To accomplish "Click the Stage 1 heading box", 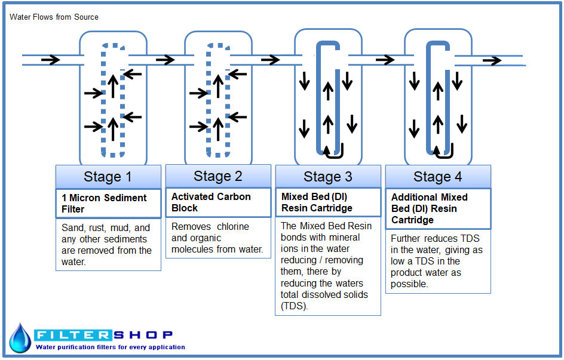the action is coord(108,177).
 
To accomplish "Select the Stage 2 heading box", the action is coord(218,176).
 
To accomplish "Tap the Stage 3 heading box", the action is coord(328,176).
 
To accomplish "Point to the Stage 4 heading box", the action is coord(438,177).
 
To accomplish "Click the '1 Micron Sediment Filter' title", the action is coord(104,204).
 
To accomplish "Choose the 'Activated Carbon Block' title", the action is coord(211,202).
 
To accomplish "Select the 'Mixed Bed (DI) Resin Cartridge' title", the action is coord(317,202).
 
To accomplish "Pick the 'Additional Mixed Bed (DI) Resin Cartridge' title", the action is coord(429,208).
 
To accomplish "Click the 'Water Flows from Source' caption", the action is coord(54,17).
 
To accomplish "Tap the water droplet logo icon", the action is coord(20,338).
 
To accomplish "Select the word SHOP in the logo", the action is coord(143,335).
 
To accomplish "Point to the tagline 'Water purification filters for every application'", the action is coord(111,347).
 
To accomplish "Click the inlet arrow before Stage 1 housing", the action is coord(51,60).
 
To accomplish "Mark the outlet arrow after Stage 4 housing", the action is coord(492,61).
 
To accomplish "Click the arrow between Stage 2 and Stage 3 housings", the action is coord(271,60).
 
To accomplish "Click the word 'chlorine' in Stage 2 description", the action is coord(233,227).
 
